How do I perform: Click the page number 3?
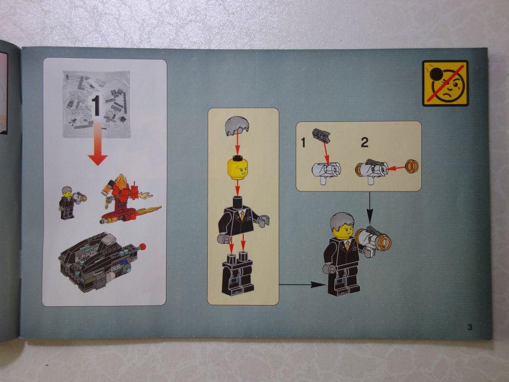coord(470,327)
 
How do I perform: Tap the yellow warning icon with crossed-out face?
coord(445,84)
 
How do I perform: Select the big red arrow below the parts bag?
coord(98,143)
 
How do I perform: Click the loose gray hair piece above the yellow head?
coord(237,126)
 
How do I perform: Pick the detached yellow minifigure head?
coord(237,167)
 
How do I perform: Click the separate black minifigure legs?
coord(237,274)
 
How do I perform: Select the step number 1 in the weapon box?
coord(303,142)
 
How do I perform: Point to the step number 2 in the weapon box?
coord(365,142)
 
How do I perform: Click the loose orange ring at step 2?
coord(412,166)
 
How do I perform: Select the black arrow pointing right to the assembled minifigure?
coord(302,285)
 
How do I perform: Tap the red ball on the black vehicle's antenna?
coord(143,246)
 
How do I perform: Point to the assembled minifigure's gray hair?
coord(342,221)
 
